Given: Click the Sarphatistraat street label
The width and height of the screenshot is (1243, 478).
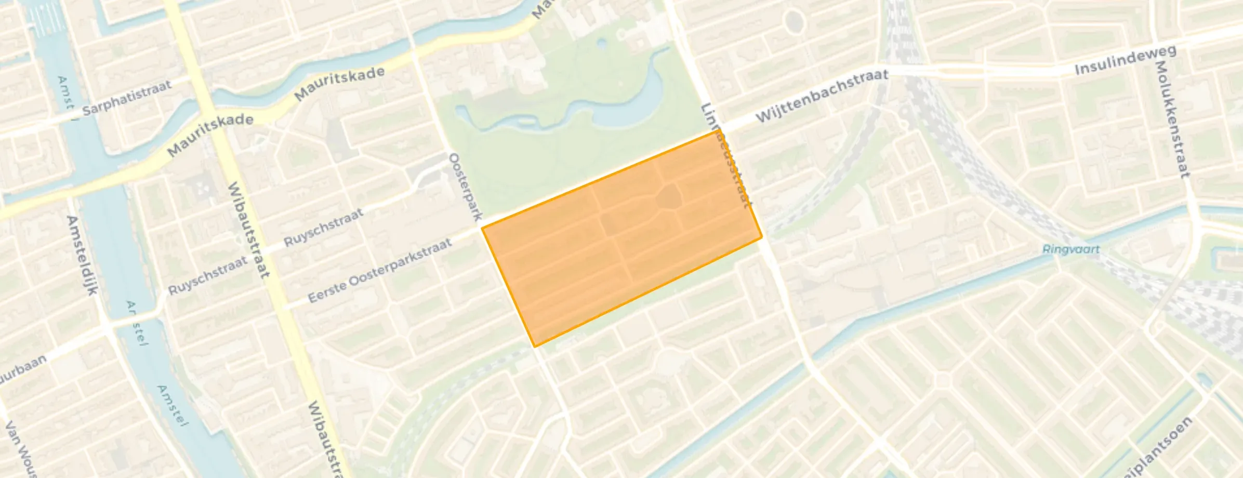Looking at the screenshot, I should (x=126, y=97).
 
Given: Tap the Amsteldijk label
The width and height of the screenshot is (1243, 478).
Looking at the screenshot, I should (x=82, y=255).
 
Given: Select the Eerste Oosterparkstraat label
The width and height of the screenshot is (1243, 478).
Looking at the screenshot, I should (x=380, y=271).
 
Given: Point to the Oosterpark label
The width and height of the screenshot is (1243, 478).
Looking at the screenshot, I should (x=466, y=186).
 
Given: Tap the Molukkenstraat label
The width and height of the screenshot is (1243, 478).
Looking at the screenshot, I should (x=1171, y=119).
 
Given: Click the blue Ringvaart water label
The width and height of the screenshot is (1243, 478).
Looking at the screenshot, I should (x=1070, y=249).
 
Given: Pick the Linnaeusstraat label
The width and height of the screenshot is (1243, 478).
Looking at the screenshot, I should (x=726, y=156).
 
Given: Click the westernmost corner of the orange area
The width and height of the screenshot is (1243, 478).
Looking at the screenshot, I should (x=482, y=228).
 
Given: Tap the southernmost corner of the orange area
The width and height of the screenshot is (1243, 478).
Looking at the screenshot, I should (x=535, y=347).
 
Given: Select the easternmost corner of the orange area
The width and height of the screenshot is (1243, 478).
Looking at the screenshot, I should (x=762, y=237).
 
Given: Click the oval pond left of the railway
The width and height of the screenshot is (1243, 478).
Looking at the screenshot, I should (x=795, y=22).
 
